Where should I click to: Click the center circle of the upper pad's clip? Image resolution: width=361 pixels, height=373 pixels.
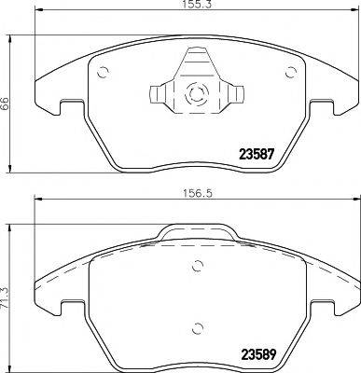[195, 92]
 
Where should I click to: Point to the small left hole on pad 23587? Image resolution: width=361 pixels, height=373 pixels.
[103, 76]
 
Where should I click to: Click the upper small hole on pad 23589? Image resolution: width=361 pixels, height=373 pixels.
[196, 265]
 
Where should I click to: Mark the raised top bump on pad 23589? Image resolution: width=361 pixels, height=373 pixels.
[195, 233]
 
